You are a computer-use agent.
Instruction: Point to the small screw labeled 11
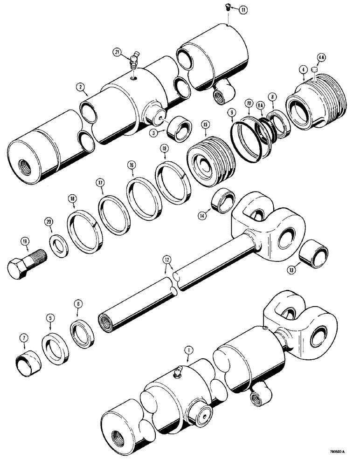pyautogui.click(x=227, y=7)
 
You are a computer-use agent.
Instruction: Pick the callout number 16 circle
pyautogui.click(x=132, y=165)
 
